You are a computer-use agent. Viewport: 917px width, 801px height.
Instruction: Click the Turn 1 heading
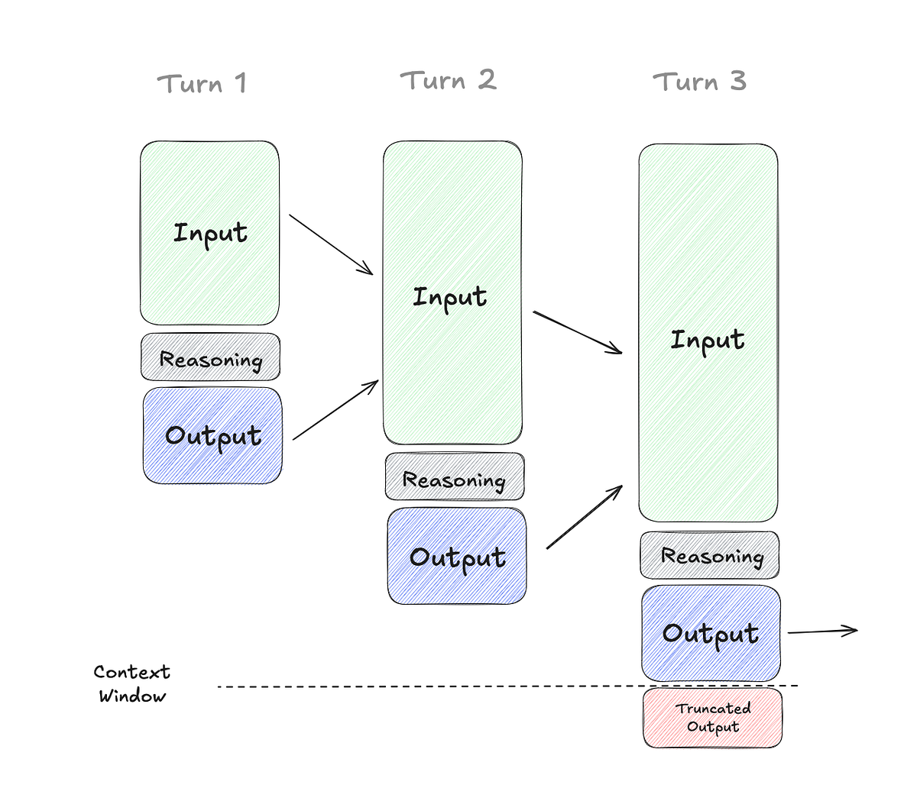203,83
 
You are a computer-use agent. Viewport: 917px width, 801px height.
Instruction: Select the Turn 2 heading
449,80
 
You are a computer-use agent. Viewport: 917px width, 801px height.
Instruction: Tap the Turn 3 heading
699,82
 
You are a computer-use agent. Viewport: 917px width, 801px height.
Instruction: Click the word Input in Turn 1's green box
210,233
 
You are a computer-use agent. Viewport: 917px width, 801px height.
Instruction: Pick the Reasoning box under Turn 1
210,357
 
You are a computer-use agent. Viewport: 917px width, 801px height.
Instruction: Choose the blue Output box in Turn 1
212,436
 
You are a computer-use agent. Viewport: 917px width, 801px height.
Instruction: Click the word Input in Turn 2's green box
449,297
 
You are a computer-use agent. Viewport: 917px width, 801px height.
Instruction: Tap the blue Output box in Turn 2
457,557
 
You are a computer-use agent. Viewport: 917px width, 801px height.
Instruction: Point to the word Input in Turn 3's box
707,340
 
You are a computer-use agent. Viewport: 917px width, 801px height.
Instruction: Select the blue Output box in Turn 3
711,634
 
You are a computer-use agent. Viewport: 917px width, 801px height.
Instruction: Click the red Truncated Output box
712,718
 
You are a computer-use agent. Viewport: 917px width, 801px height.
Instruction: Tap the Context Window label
131,683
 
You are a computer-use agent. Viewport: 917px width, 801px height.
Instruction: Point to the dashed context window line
428,686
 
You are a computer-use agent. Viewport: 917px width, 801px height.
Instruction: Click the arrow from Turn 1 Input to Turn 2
330,244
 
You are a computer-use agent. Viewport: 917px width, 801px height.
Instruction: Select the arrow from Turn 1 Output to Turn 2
335,409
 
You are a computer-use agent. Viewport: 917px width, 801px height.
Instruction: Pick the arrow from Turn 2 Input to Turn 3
578,332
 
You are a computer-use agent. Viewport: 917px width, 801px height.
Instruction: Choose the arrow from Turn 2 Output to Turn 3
585,517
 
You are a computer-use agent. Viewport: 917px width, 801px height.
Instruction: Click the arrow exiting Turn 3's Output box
822,631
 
